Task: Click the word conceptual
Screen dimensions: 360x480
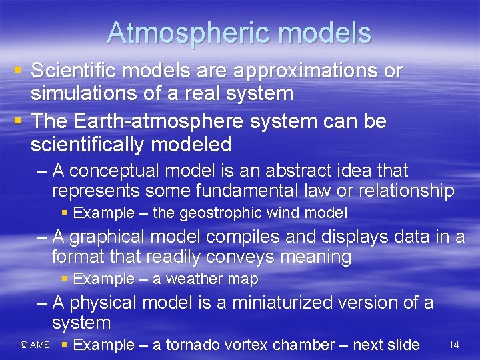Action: [115, 171]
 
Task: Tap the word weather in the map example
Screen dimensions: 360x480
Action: [196, 279]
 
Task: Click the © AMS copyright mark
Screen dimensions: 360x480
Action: [35, 345]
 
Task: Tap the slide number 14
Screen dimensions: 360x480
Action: [454, 345]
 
